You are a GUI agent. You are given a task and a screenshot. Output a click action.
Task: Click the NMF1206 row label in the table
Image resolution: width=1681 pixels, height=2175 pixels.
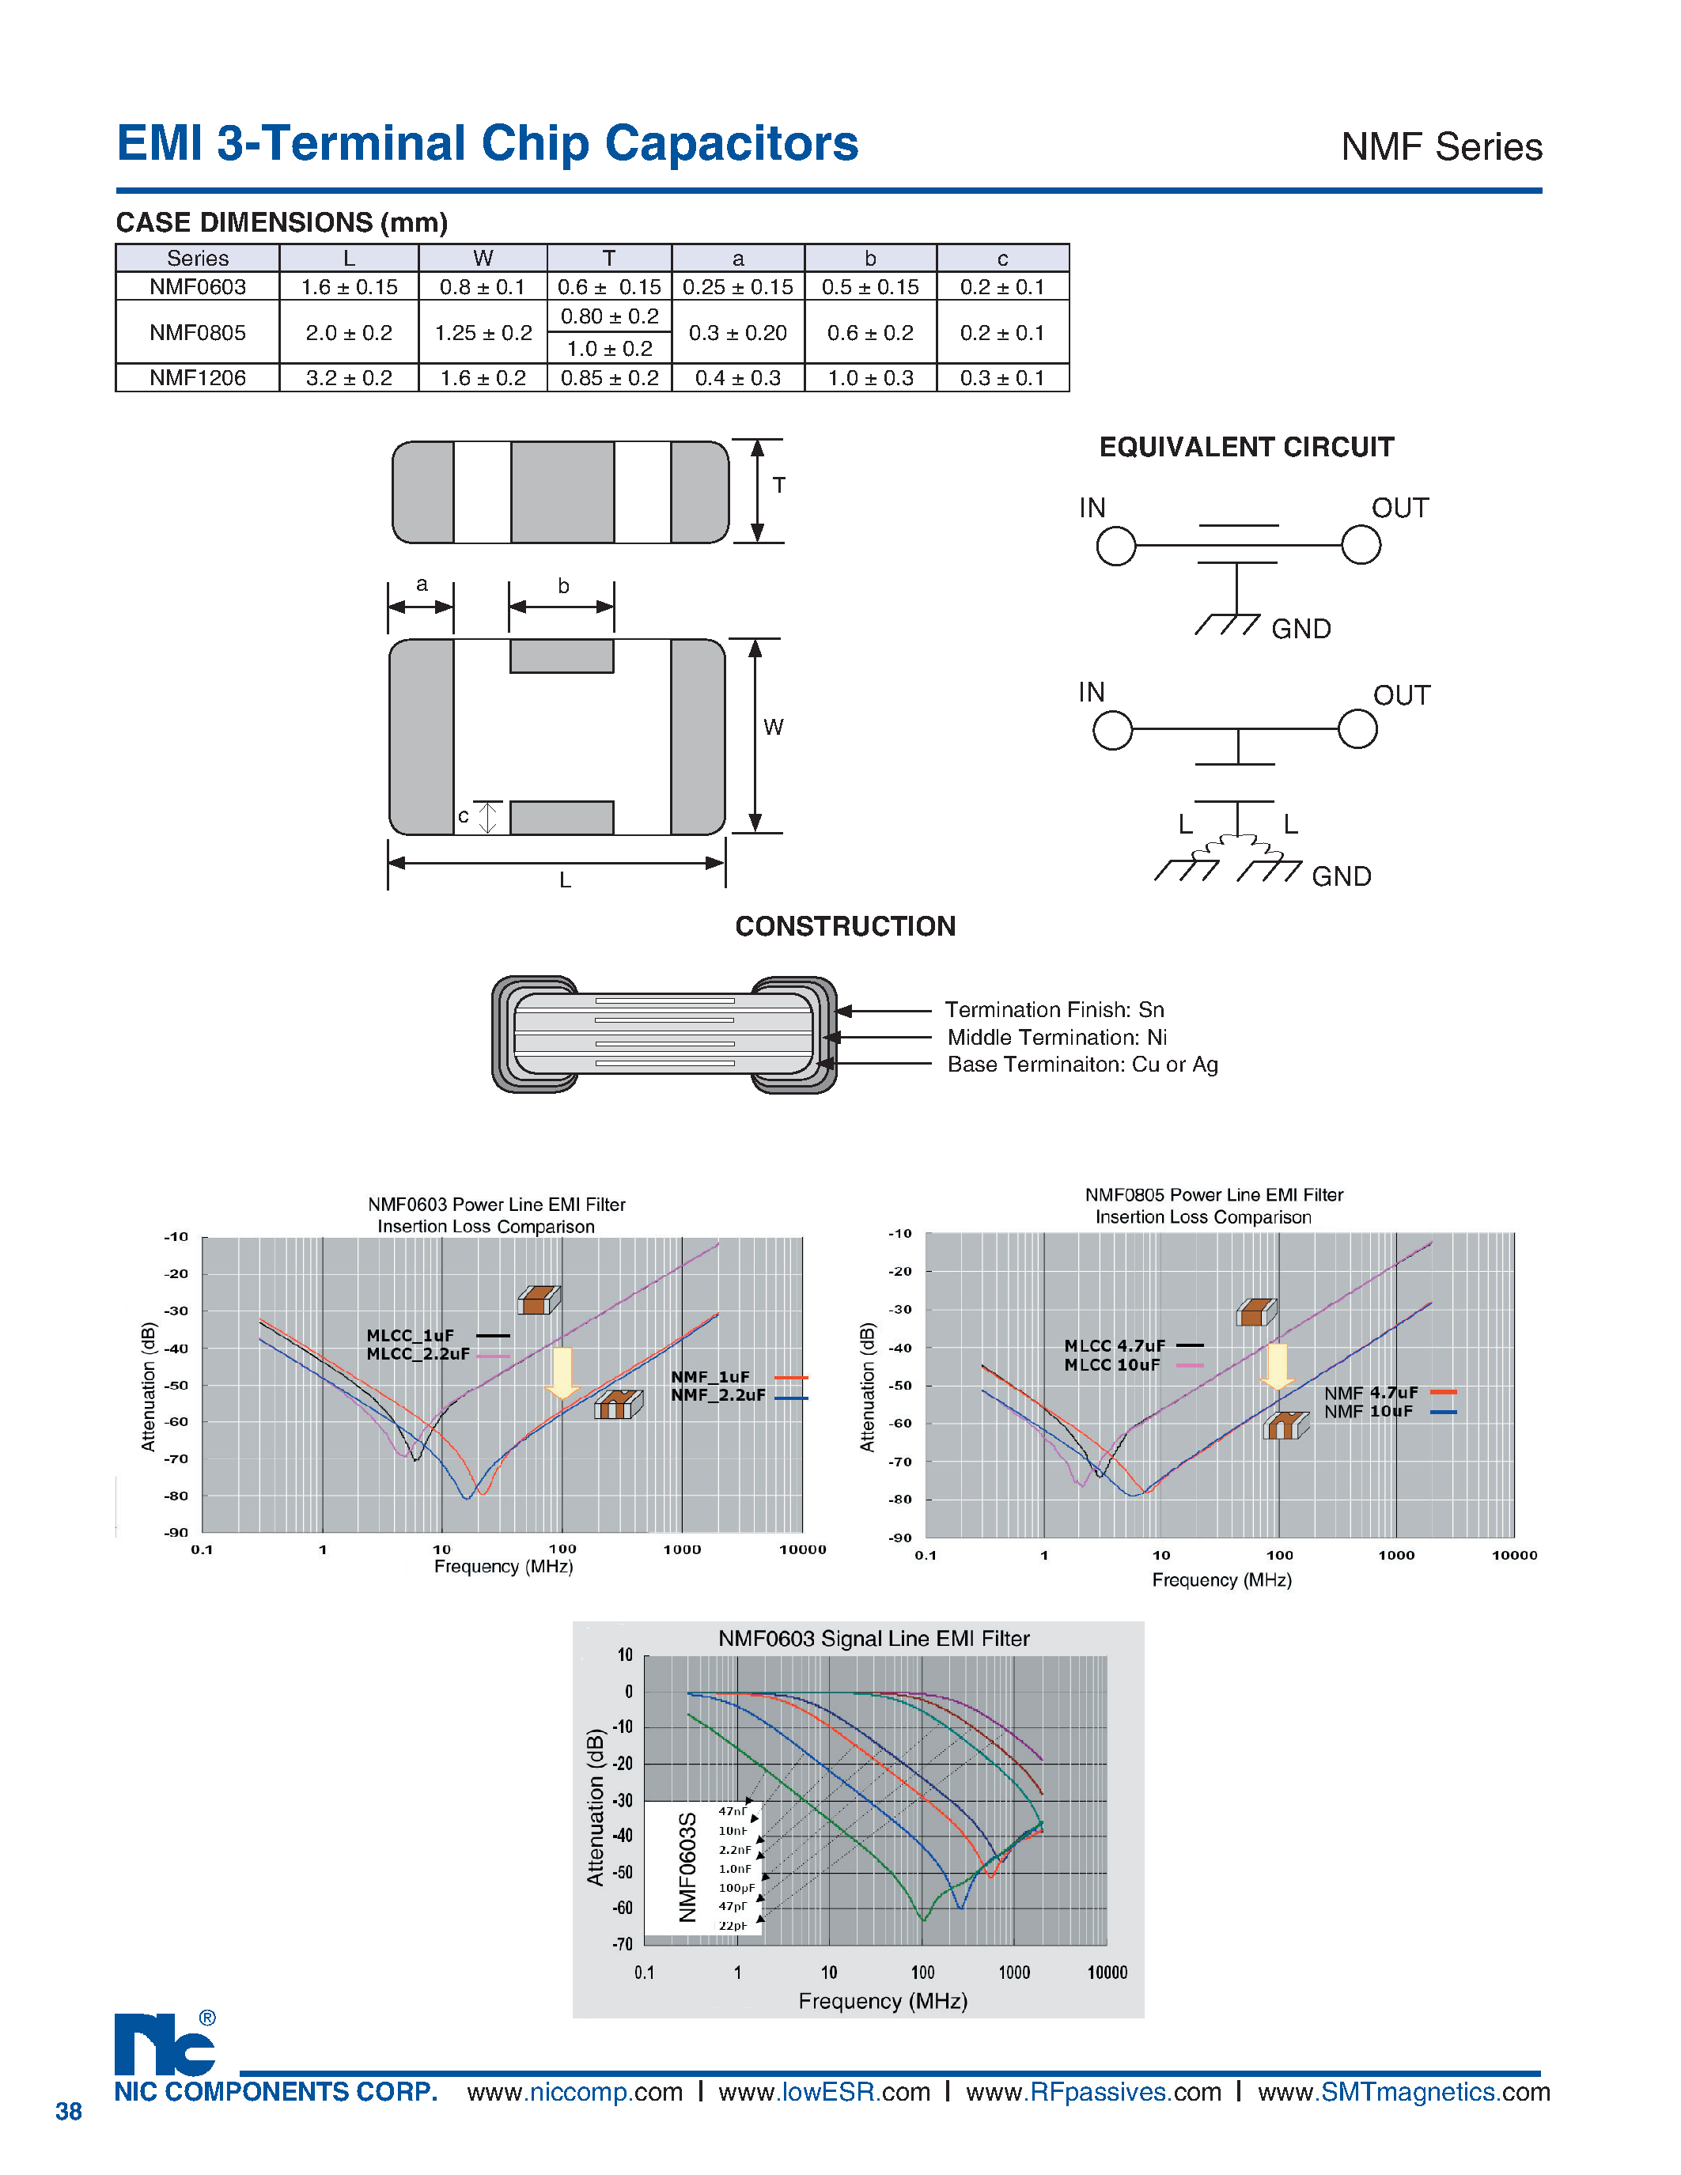click(x=197, y=377)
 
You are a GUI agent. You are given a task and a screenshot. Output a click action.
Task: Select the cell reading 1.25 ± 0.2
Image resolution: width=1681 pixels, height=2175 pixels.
click(x=483, y=333)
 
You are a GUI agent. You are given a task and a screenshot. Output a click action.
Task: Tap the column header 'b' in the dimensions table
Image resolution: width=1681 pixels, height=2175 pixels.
click(x=869, y=258)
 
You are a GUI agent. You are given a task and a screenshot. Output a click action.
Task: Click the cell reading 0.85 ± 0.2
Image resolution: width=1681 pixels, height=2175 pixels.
click(x=609, y=377)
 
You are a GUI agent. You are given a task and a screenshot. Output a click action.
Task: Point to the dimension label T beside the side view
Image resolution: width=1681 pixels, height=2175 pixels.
click(x=778, y=485)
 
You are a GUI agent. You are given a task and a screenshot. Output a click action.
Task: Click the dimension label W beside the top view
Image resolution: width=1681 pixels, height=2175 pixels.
click(x=773, y=727)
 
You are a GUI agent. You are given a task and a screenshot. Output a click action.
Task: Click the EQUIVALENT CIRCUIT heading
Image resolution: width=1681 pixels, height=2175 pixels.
click(x=1246, y=447)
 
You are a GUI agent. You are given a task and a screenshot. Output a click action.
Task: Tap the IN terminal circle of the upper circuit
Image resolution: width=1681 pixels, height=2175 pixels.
click(x=1115, y=546)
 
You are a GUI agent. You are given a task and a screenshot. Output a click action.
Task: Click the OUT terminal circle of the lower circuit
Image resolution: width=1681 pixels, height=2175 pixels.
click(x=1357, y=729)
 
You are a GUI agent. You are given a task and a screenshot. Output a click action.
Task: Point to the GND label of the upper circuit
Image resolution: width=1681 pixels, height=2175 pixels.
click(x=1301, y=629)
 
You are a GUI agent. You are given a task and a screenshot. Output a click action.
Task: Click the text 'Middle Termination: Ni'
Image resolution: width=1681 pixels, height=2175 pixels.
click(x=1057, y=1037)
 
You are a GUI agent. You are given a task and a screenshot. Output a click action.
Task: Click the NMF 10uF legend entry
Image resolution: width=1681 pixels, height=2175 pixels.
click(x=1369, y=1411)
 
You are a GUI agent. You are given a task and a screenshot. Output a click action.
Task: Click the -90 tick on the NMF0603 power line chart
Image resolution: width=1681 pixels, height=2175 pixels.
click(x=176, y=1532)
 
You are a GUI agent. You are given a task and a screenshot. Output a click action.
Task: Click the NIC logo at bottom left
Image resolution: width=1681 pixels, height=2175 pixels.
click(x=165, y=2044)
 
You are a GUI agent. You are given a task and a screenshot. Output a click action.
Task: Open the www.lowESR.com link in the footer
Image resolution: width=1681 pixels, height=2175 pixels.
click(x=823, y=2091)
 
